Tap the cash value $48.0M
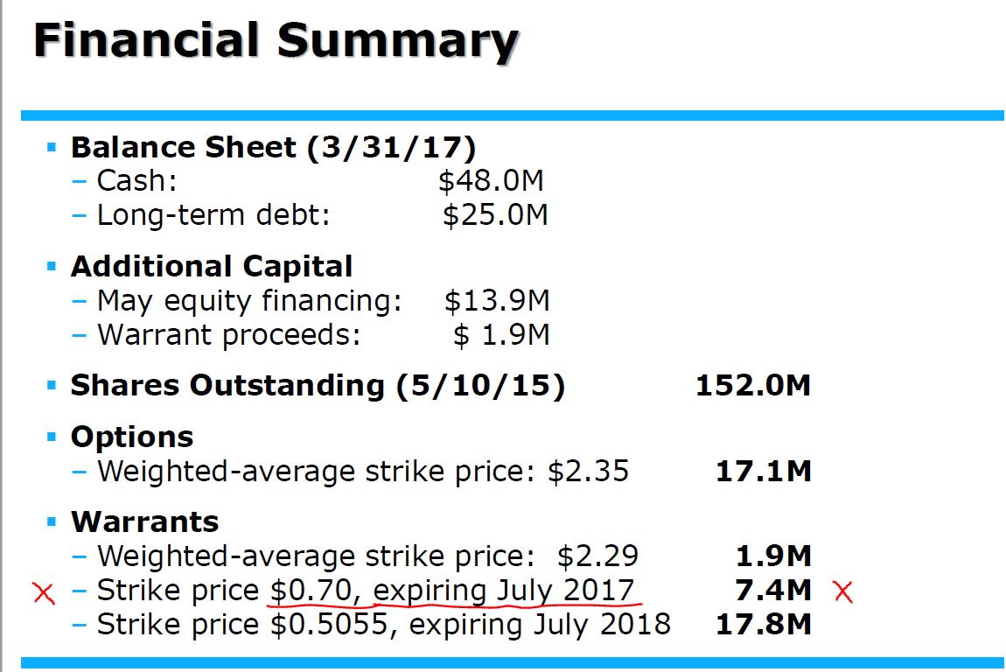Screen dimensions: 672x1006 (491, 181)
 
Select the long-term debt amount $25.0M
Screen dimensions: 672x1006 (495, 214)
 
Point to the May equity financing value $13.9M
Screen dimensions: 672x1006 (497, 301)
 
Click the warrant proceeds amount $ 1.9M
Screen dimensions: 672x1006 (501, 335)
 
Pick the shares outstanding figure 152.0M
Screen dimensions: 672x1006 (753, 385)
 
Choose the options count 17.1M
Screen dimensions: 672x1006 (764, 472)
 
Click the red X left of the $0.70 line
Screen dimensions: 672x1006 (43, 592)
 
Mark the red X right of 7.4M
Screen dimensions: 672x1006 (843, 591)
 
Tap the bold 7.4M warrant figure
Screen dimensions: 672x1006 (773, 590)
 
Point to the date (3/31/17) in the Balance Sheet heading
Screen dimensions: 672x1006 (391, 147)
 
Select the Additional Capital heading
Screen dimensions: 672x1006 (212, 266)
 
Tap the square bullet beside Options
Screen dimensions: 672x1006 (52, 435)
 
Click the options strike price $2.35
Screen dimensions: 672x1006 (588, 472)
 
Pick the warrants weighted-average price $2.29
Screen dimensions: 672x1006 (597, 556)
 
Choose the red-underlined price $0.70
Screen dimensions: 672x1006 (310, 590)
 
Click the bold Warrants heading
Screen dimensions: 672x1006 (144, 521)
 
